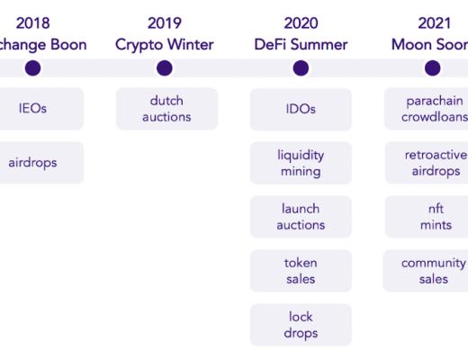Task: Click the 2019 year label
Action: point(164,22)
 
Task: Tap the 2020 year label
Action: point(301,22)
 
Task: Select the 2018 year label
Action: point(32,22)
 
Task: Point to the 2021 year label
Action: point(435,22)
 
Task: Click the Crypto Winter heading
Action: point(164,44)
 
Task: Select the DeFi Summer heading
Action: point(301,44)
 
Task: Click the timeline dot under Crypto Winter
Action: point(164,67)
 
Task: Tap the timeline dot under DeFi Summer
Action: point(301,67)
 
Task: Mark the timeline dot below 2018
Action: point(32,67)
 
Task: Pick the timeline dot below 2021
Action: point(433,67)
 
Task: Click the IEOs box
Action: point(34,109)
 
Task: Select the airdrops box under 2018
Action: point(34,163)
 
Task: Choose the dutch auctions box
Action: point(166,109)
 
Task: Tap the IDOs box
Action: point(301,109)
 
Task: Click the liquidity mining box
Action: point(301,163)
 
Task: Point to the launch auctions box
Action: point(301,217)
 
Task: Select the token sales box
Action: point(301,271)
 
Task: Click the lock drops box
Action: point(301,325)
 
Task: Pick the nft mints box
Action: point(430,217)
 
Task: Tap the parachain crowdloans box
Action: point(430,109)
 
